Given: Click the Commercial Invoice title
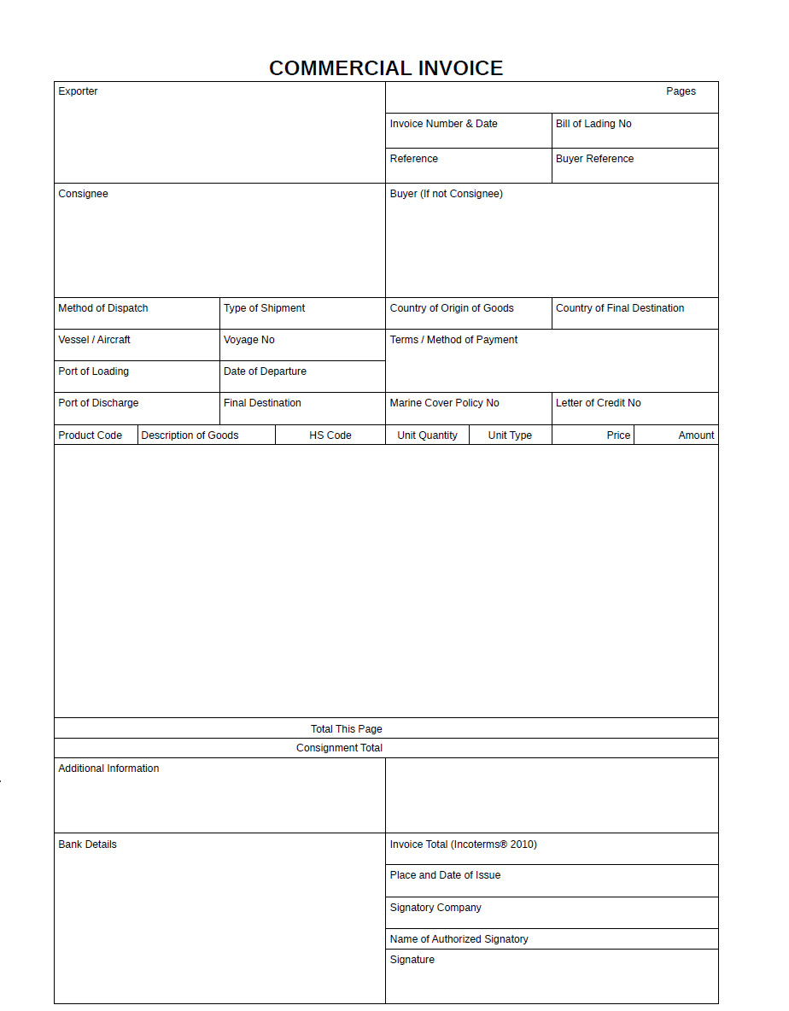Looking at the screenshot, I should coord(386,68).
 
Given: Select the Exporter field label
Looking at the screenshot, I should coord(78,91).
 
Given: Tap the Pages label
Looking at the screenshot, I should coord(681,91).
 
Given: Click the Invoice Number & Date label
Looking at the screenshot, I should coord(443,124).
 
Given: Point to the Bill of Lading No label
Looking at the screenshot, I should coord(593,124).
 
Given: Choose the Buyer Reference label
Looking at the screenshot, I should coord(594,159).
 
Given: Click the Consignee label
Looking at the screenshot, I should coord(83,194).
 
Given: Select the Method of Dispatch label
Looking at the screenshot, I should coord(102,308).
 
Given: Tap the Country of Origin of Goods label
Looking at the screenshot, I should coord(452,308).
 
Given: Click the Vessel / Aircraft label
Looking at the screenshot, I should coord(94,340).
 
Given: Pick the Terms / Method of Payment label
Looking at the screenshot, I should coord(453,340).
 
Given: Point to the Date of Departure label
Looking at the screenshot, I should coord(265,371).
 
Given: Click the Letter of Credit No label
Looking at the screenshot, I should coord(598,403).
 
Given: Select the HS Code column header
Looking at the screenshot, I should coord(330,435).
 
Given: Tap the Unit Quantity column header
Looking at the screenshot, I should coord(427,435).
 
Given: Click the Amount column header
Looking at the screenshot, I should coord(696,435).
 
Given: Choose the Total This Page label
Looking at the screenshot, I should coord(346,729).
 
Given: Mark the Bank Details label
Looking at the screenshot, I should coord(87,844).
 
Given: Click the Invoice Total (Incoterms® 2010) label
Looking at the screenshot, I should coord(463,844).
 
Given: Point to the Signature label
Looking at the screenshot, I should coord(412,960).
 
